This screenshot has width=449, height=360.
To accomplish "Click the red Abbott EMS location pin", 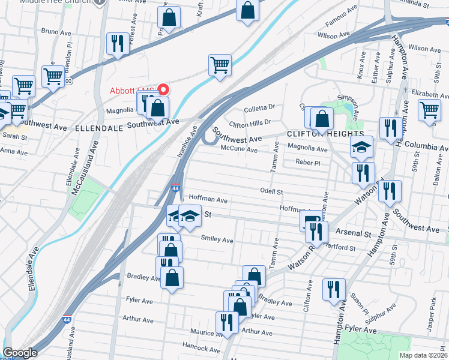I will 162,90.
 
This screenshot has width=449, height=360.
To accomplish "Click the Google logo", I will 20,353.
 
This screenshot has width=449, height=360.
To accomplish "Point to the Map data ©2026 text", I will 423,355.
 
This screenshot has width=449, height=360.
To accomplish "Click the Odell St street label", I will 271,191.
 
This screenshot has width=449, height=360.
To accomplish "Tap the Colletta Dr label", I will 259,109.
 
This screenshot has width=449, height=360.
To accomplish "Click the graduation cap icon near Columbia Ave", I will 361,146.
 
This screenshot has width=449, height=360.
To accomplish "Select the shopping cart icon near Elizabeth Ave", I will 430,109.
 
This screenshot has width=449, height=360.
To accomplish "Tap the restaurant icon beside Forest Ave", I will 115,43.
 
